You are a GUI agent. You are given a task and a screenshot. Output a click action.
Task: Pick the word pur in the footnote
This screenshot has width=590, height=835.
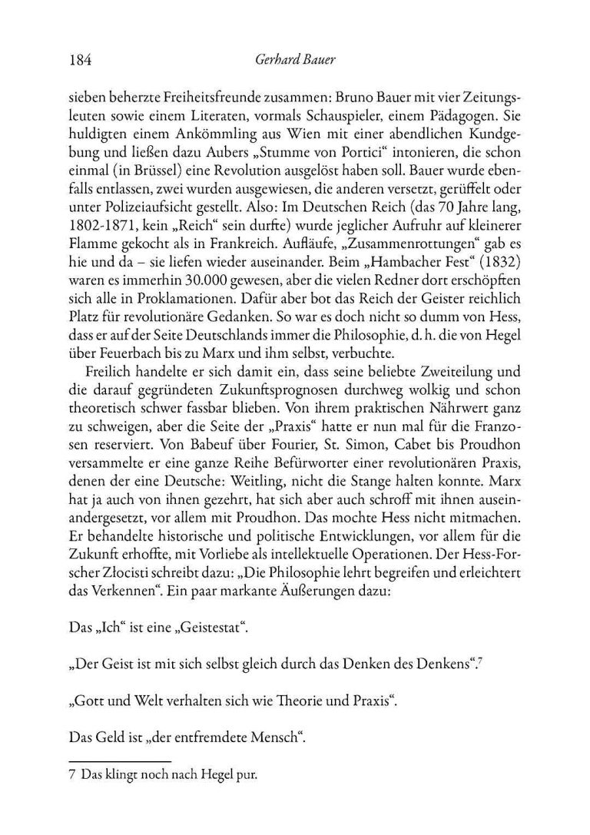[x=247, y=777]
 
